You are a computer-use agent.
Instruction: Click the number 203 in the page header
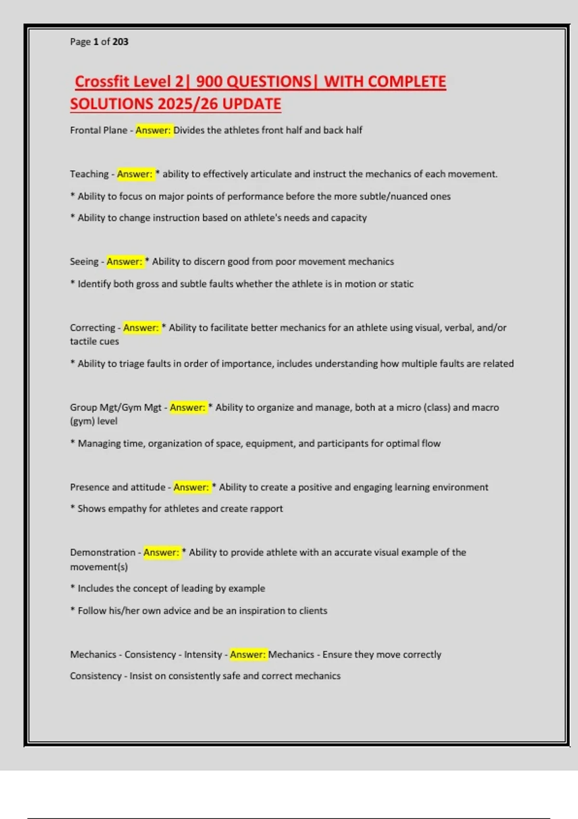(x=120, y=42)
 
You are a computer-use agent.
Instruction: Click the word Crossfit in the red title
(x=103, y=81)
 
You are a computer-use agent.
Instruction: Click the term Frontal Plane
(x=98, y=130)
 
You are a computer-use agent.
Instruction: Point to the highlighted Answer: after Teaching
(x=134, y=174)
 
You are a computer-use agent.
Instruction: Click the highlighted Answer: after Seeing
(x=124, y=262)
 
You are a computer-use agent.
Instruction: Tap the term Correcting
(x=92, y=328)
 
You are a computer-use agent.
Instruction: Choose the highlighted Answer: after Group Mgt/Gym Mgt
(x=187, y=408)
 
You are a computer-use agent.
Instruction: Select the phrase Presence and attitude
(x=118, y=487)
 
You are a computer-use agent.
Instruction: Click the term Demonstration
(x=103, y=553)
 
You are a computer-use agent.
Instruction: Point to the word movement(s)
(x=99, y=567)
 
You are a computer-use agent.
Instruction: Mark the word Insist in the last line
(x=140, y=676)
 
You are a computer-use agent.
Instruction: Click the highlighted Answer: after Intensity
(x=248, y=655)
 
